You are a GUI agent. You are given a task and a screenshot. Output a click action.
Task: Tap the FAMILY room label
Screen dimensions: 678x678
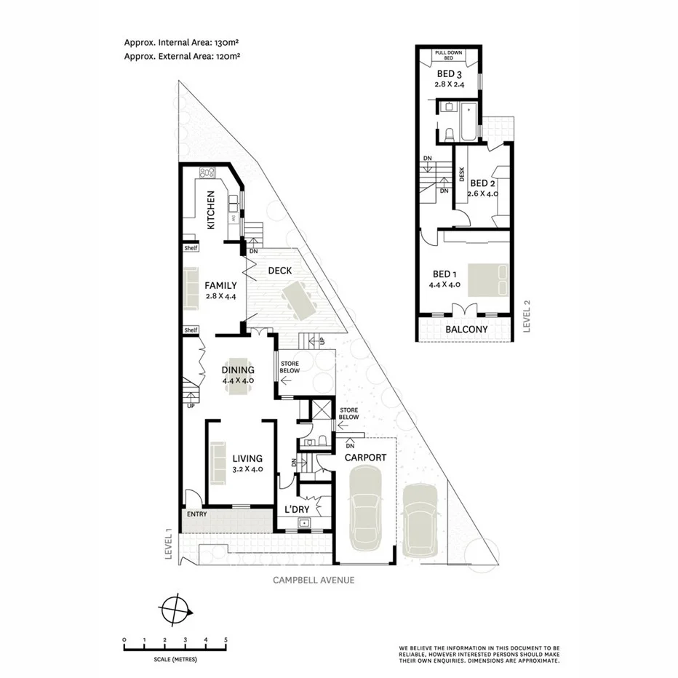(220, 285)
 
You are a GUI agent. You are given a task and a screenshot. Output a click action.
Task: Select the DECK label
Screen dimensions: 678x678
(280, 271)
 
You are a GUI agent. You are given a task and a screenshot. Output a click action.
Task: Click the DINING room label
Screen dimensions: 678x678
(238, 370)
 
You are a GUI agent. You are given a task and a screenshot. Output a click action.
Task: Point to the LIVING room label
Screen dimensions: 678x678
(247, 458)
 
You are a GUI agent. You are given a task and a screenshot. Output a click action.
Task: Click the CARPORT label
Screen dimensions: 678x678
(364, 458)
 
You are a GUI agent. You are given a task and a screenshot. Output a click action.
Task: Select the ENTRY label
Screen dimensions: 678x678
(197, 514)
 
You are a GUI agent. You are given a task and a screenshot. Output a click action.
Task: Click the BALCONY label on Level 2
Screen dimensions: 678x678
(466, 330)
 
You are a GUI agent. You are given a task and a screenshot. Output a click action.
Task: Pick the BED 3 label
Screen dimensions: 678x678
(449, 74)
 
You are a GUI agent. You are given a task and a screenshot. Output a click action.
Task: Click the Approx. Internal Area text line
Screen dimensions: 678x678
(183, 42)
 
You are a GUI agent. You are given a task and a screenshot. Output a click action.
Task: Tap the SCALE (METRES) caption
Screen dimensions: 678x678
(175, 661)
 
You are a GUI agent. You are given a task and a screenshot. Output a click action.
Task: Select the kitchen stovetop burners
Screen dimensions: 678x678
(208, 173)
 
